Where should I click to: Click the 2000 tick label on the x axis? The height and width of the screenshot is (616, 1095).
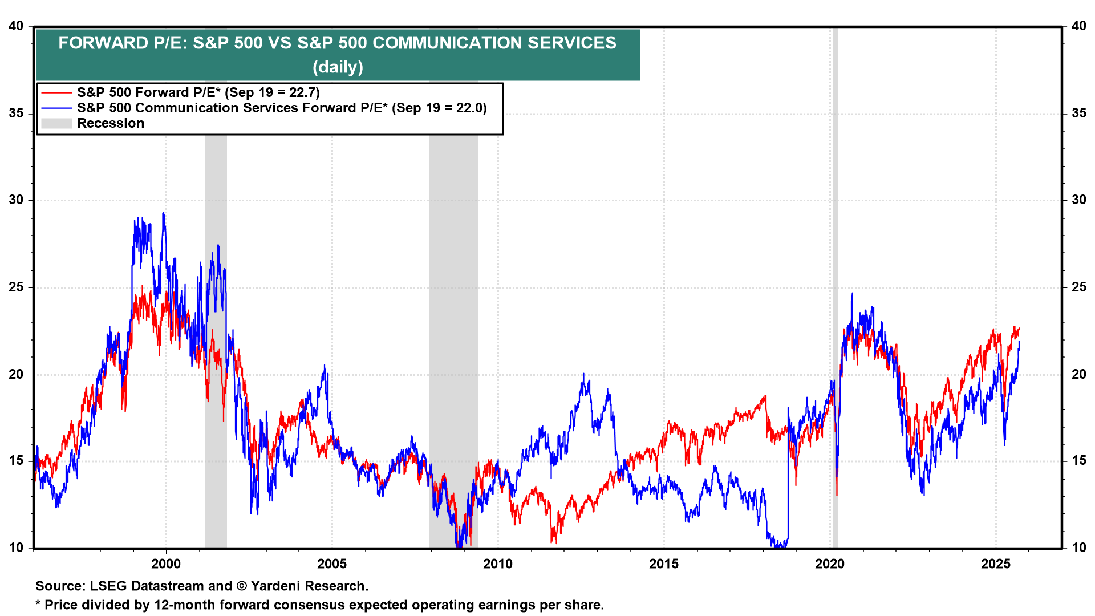tap(165, 564)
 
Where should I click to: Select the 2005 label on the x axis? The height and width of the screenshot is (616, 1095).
tap(331, 564)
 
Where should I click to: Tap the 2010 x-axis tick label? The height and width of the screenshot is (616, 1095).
tap(497, 564)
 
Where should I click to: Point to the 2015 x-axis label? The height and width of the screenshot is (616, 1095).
tap(664, 564)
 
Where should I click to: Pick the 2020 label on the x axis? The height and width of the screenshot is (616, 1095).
tap(830, 564)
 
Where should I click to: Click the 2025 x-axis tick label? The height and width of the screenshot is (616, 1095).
tap(996, 564)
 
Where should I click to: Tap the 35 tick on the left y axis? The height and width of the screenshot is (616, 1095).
tap(16, 113)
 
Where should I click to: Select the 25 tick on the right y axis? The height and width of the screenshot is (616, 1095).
tap(1078, 287)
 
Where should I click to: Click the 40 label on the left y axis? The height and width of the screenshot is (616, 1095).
tap(16, 26)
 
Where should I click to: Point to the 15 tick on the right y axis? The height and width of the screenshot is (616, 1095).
tap(1078, 461)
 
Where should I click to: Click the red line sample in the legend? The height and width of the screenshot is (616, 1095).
tap(56, 92)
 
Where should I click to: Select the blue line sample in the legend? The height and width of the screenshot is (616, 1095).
tap(56, 108)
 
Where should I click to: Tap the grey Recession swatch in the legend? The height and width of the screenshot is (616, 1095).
tap(56, 123)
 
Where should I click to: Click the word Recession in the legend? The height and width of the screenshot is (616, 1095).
tap(111, 123)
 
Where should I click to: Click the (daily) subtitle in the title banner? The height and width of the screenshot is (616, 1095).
tap(338, 67)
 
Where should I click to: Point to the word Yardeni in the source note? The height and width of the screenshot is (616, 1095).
tap(274, 586)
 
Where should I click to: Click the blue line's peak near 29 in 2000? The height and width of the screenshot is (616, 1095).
tap(164, 214)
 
